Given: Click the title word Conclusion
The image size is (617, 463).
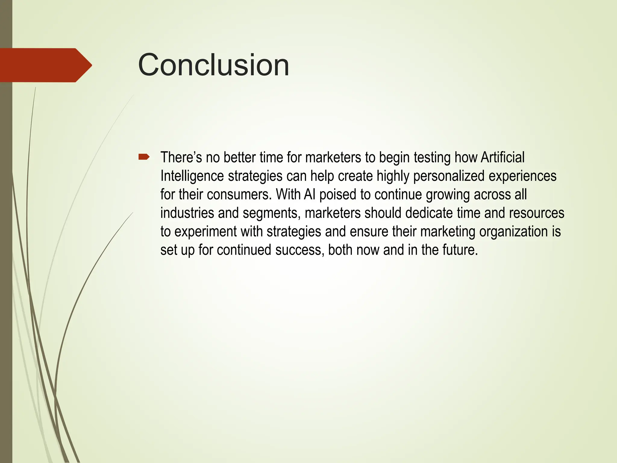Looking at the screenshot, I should pos(213,65).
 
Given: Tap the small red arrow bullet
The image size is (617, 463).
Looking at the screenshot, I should pos(144,156).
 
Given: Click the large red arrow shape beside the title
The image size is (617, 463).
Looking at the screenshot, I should pos(45,65).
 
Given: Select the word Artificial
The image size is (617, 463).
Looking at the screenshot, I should pos(503,157).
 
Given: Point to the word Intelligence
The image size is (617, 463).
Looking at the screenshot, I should pos(192,176).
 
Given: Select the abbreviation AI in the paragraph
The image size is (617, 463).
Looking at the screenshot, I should pos(309,195).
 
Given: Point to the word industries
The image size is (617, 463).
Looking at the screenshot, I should pos(187,213).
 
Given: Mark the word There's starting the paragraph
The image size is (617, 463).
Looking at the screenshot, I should pos(181,157).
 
